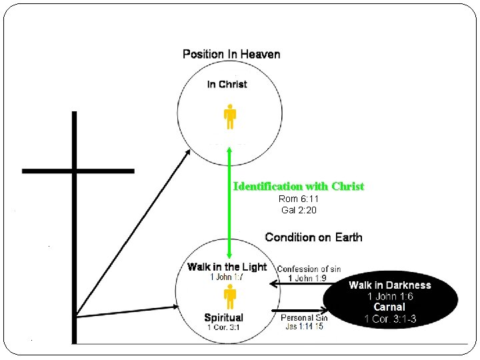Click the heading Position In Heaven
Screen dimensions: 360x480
coord(231,54)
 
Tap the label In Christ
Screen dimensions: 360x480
coord(227,84)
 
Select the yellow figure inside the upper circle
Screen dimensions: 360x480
coord(229,116)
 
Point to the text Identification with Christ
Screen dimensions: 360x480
coord(299,186)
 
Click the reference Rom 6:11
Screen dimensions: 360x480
coord(298,199)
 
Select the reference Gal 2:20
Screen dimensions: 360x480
coord(298,210)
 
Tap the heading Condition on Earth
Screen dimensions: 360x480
coord(313,237)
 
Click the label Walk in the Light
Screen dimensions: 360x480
coord(227,267)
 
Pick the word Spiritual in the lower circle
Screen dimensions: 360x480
coord(223,317)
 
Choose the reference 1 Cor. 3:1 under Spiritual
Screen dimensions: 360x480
coord(223,327)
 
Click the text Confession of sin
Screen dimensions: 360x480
coord(309,269)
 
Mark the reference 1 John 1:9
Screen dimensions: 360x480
coord(307,278)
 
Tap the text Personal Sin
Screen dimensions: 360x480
coord(304,318)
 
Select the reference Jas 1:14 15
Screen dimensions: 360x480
coord(304,327)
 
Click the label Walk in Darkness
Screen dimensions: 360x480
coord(390,285)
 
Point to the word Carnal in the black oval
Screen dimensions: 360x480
coord(389,307)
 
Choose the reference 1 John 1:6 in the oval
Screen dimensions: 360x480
coord(390,296)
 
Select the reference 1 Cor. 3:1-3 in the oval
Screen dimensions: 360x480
coord(390,319)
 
